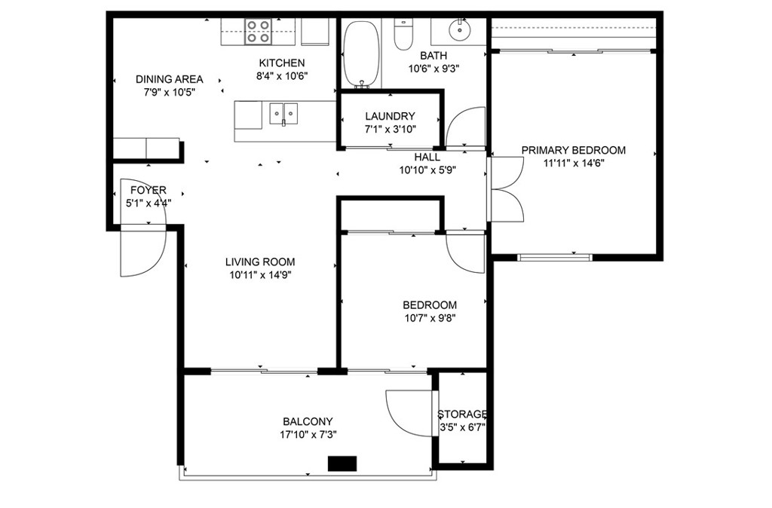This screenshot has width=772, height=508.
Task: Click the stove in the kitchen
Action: pyautogui.click(x=259, y=32)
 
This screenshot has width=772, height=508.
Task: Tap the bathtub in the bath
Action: pyautogui.click(x=362, y=54)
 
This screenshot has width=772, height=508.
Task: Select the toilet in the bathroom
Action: pyautogui.click(x=404, y=34)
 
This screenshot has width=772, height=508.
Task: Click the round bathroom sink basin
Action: pyautogui.click(x=460, y=30)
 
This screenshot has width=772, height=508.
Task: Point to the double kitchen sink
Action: pyautogui.click(x=283, y=114)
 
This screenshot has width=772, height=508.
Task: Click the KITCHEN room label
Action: pyautogui.click(x=282, y=63)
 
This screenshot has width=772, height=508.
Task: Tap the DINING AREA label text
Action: pyautogui.click(x=170, y=79)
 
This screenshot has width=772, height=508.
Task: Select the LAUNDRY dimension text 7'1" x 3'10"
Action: pyautogui.click(x=391, y=130)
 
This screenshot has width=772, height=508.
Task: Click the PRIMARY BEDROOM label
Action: pyautogui.click(x=574, y=150)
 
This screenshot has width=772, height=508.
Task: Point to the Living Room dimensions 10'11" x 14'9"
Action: pyautogui.click(x=260, y=275)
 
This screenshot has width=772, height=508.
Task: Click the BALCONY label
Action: pyautogui.click(x=308, y=421)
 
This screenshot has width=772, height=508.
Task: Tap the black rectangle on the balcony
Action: pyautogui.click(x=342, y=464)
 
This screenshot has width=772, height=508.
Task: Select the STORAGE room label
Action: pyautogui.click(x=462, y=414)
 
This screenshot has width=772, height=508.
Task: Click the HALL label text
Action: pyautogui.click(x=427, y=158)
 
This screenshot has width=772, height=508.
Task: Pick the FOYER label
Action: pyautogui.click(x=149, y=190)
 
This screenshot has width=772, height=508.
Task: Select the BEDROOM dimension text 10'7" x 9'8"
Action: pyautogui.click(x=430, y=318)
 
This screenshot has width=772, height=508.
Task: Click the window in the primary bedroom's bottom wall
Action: pyautogui.click(x=555, y=256)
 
